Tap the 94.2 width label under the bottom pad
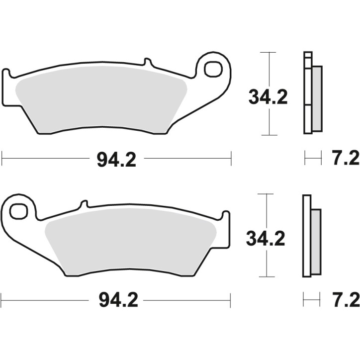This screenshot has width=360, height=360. [115, 300]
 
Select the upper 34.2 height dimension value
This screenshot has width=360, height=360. [268, 96]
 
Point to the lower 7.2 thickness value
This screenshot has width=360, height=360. [344, 300]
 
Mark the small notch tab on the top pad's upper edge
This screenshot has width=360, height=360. [147, 62]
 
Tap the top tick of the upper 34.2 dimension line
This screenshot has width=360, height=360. [268, 52]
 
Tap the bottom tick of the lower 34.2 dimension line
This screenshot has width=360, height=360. [267, 277]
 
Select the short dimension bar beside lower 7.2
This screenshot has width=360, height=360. [311, 300]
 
